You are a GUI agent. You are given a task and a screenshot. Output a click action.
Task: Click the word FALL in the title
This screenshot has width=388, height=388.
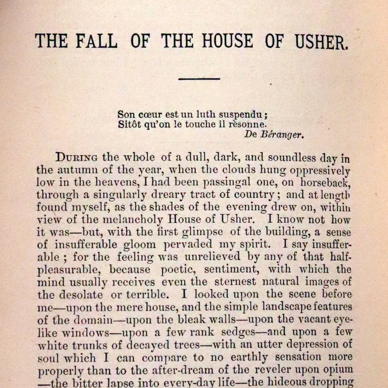pos(97,41)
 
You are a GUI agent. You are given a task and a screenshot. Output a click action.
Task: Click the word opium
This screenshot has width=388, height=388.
pos(337,370)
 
